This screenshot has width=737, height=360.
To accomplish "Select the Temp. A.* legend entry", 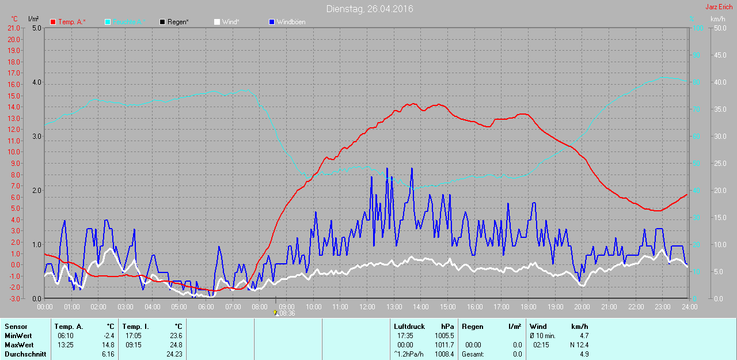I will [71, 22].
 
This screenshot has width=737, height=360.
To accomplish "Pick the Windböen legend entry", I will [291, 22].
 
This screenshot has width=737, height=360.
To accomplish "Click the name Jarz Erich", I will [719, 7].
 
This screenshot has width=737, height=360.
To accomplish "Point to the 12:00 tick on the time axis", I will [367, 306].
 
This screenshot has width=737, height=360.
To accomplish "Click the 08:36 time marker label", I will [287, 313].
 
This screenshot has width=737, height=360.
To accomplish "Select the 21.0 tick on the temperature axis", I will [14, 28].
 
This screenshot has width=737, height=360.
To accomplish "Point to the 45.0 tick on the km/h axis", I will [720, 55].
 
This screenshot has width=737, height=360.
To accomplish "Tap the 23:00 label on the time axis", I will [662, 306].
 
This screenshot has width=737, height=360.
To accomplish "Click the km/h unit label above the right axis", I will [717, 19].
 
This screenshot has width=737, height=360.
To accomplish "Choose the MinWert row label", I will [18, 336].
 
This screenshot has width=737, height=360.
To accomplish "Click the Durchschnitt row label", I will [25, 354].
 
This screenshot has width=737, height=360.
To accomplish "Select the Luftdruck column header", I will [409, 327].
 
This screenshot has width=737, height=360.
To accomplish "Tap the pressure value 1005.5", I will [445, 336].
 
